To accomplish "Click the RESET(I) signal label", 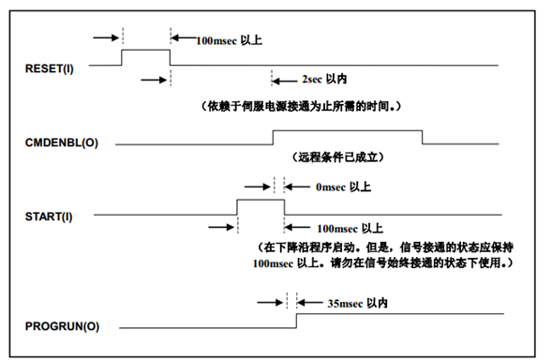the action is (50, 68).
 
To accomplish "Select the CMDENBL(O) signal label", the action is (62, 142).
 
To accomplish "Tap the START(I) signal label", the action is (49, 217).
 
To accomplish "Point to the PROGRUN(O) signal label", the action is (62, 326).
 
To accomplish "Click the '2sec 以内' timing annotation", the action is (324, 80).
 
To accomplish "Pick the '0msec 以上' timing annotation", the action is (343, 187).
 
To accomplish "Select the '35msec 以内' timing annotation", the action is (357, 304).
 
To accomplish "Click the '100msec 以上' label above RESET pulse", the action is (230, 40).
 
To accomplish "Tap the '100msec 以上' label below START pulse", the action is (350, 229).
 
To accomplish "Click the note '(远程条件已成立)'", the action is (338, 157).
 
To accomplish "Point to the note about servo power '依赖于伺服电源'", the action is (301, 106).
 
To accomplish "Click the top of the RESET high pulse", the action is (146, 50).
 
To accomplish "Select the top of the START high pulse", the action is (261, 200).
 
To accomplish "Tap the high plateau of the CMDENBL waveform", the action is (348, 130).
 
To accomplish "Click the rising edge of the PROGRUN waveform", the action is (296, 321).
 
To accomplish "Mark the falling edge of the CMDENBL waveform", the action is (423, 138).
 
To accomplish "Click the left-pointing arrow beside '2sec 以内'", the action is (285, 82).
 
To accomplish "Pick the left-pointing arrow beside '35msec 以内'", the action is (310, 302).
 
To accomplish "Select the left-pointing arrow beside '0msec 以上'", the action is (297, 187).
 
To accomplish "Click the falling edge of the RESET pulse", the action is (170, 57).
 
